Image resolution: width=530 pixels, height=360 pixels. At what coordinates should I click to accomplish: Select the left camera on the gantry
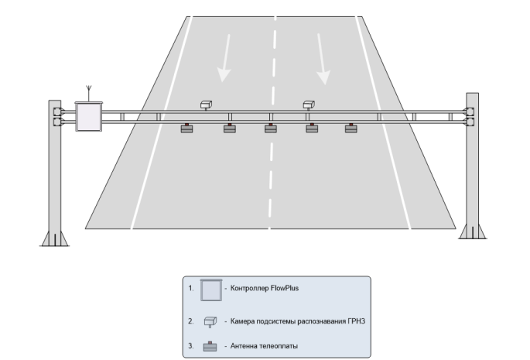tap(207, 104)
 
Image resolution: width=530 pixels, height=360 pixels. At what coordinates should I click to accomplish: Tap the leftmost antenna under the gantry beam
tap(187, 129)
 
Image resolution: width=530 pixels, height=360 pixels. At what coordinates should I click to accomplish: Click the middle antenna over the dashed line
tap(270, 129)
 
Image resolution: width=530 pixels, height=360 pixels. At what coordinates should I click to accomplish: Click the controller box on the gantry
tap(89, 116)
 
